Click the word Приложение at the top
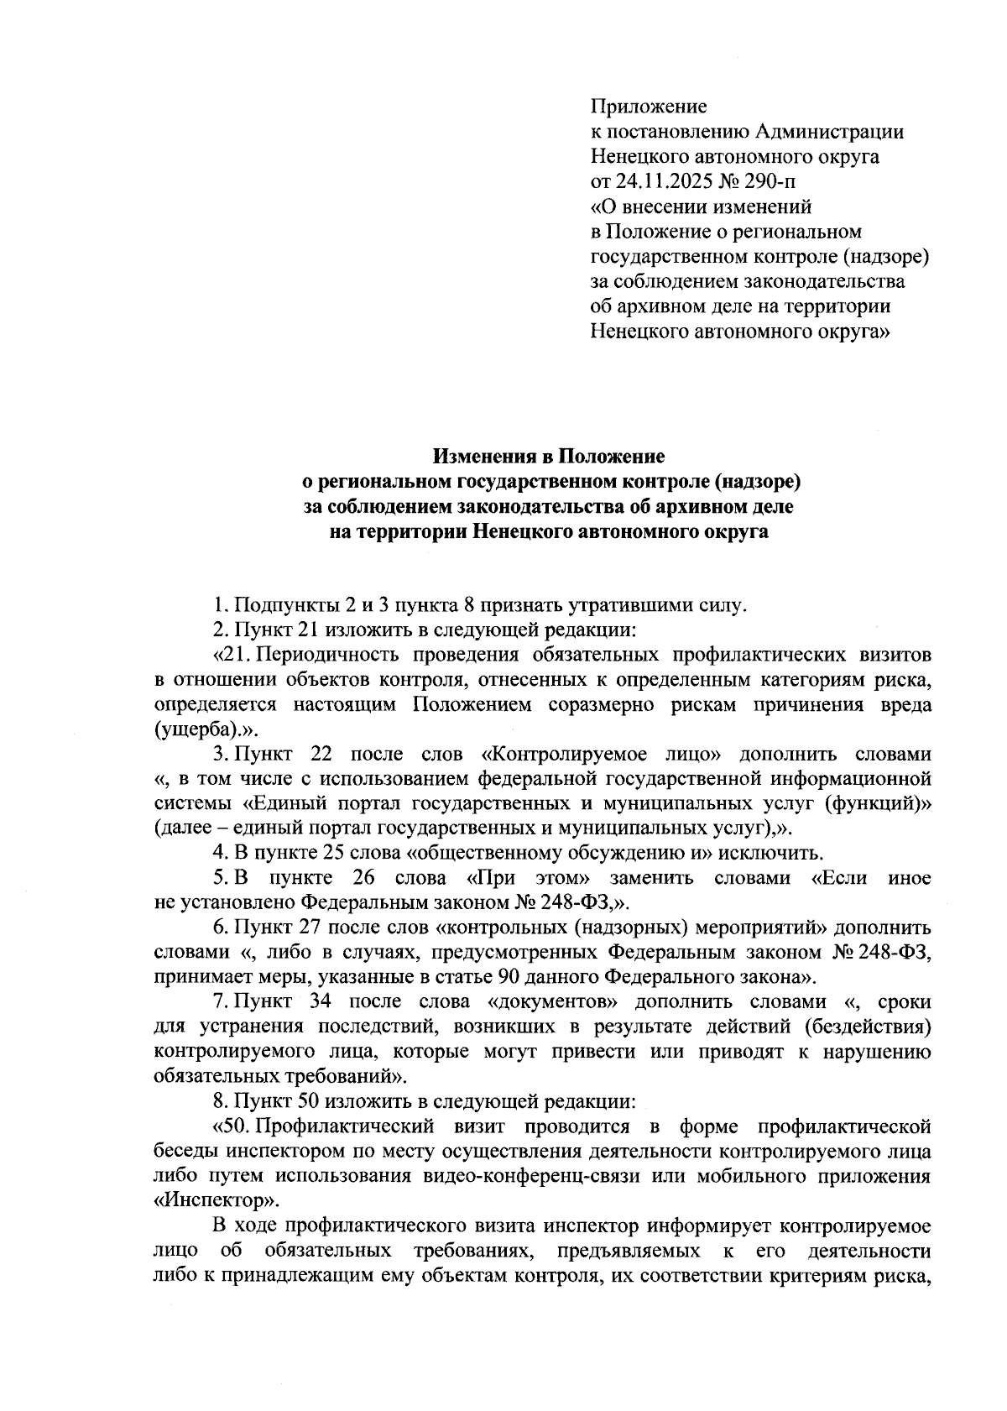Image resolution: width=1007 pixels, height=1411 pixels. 649,107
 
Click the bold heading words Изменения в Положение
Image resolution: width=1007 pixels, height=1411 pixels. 549,457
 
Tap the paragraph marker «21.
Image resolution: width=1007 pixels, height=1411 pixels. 232,654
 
